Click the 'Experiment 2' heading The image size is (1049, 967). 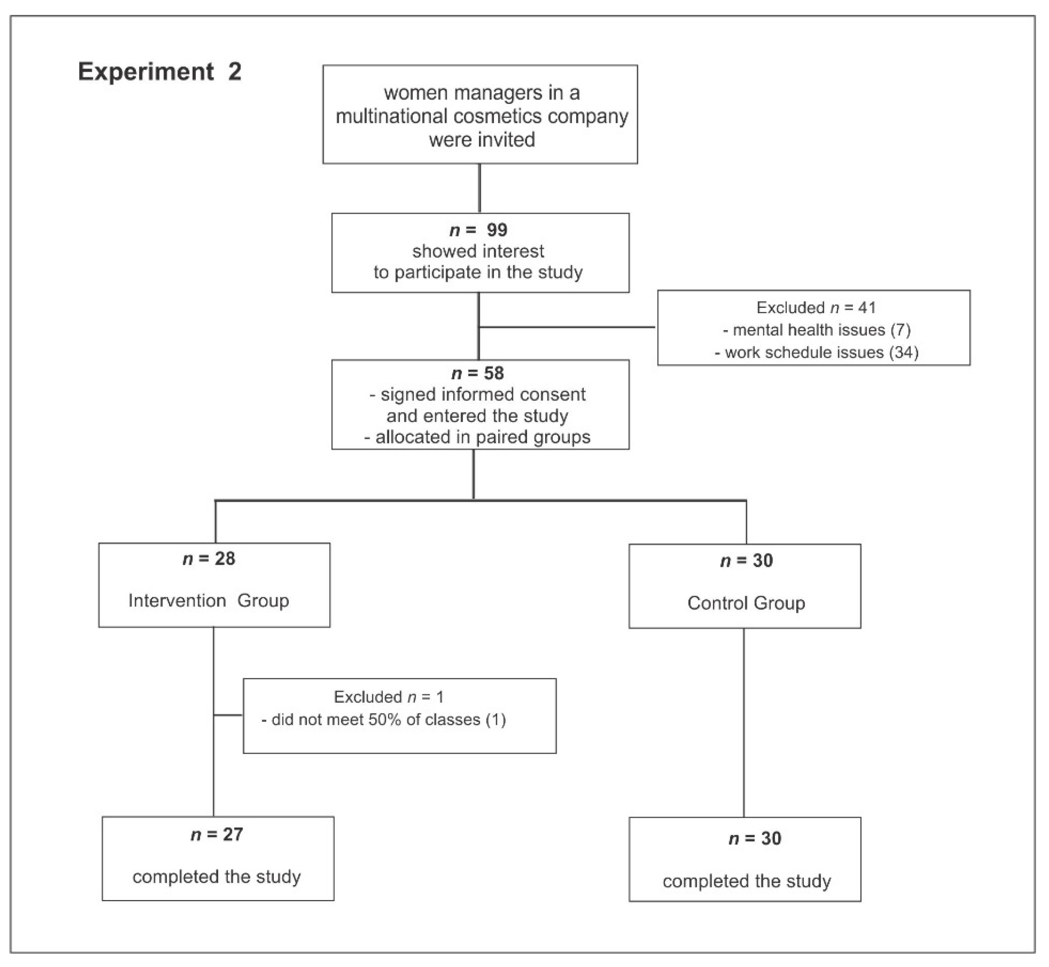(x=160, y=72)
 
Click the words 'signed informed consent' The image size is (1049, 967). (x=483, y=394)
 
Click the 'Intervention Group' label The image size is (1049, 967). (x=208, y=600)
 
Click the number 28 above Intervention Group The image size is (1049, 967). (x=225, y=558)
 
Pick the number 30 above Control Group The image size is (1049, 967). (x=763, y=560)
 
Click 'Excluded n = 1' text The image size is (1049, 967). (x=388, y=697)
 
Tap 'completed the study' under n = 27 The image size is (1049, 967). (x=216, y=876)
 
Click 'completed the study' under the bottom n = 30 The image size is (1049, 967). (x=746, y=881)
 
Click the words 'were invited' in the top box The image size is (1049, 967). (x=482, y=140)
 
